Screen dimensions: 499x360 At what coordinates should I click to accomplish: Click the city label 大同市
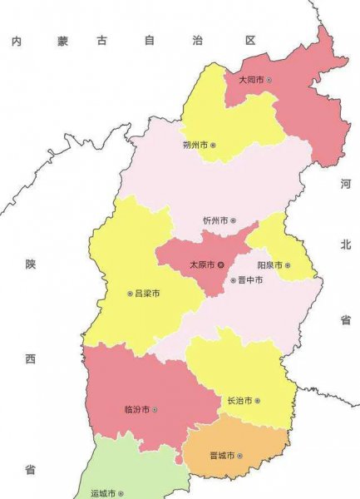point(250,80)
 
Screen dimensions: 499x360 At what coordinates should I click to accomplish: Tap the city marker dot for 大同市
point(269,80)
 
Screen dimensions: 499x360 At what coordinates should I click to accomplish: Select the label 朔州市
point(195,145)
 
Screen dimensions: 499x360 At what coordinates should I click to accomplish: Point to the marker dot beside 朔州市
point(213,145)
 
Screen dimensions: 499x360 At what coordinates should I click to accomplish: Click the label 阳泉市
point(269,265)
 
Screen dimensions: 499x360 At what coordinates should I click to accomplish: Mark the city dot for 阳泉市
point(288,265)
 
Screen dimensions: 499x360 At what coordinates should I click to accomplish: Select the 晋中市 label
point(250,280)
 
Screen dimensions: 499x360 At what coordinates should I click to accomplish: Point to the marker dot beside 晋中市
point(233,280)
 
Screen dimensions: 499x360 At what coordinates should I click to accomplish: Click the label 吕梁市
point(147,294)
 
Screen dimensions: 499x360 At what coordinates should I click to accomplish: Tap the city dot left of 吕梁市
point(129,294)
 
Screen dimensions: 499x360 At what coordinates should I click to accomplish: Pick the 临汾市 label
point(136,409)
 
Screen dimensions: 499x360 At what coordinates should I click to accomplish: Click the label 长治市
point(239,400)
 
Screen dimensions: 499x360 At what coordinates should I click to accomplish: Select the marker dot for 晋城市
point(241,455)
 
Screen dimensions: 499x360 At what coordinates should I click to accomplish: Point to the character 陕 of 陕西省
point(31,264)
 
